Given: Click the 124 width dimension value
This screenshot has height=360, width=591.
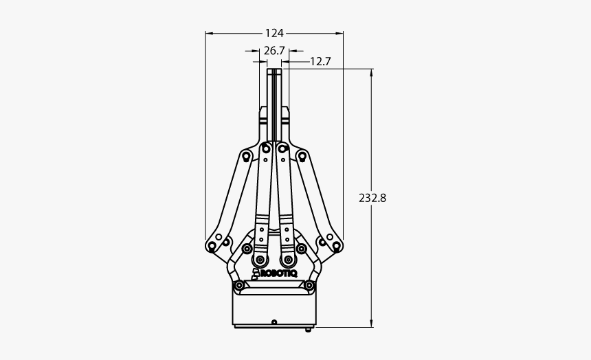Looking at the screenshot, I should [x=274, y=32].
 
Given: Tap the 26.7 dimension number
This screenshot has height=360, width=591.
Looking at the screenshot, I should [x=274, y=50].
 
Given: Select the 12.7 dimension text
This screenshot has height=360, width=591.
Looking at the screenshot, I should [x=320, y=61].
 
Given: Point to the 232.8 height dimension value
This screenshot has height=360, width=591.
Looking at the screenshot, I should [x=372, y=198].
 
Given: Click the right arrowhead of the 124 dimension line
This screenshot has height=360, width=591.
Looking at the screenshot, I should [x=340, y=32].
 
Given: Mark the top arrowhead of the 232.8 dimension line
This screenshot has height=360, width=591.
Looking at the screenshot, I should [x=372, y=71].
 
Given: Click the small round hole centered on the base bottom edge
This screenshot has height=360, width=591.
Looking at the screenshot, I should [x=274, y=322].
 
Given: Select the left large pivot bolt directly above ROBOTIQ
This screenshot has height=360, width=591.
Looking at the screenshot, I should [x=260, y=260].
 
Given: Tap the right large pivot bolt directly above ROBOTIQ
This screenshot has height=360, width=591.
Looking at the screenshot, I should [x=289, y=260].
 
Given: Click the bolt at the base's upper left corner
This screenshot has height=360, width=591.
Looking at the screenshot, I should [x=238, y=285].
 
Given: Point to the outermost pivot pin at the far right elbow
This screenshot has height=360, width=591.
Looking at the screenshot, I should [x=337, y=245].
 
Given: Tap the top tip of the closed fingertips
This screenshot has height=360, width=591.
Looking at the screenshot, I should [x=274, y=70].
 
